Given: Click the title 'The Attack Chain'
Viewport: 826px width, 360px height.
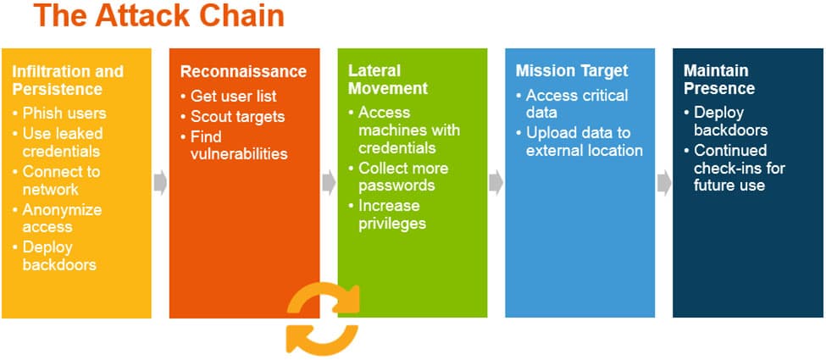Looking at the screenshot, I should pos(159,17).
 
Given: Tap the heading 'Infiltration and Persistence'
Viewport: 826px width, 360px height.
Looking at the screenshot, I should pos(68,80).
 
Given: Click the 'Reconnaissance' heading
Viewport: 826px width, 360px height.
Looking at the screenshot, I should pos(244,71).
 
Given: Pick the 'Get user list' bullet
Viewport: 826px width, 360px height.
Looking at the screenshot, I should pos(234,96).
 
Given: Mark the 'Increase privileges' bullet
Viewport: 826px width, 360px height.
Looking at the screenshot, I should pos(391,213).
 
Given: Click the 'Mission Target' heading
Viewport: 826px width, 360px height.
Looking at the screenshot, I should pos(573,71).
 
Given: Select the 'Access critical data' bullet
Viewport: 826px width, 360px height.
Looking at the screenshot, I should pos(576,103).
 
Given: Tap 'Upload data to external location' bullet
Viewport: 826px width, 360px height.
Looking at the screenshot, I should pos(585,141).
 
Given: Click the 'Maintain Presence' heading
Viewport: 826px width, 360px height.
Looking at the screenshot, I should pos(719,80).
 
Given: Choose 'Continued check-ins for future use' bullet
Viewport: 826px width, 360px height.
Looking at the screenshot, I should pos(739,168).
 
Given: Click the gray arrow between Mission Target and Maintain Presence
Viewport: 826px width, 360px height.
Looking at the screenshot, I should pos(664,183).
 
